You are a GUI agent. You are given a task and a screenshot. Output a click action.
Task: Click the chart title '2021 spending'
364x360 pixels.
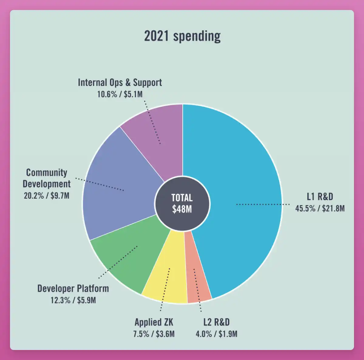(182, 36)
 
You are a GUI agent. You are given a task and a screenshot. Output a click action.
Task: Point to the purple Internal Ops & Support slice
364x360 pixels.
(158, 133)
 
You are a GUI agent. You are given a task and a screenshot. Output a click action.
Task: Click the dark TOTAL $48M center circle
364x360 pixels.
(182, 204)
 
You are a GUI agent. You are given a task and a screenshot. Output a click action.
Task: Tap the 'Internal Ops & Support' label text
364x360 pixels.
(120, 82)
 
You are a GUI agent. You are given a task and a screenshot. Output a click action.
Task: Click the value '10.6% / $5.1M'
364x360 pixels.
(120, 94)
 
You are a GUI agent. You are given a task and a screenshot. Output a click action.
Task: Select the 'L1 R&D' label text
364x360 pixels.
(320, 197)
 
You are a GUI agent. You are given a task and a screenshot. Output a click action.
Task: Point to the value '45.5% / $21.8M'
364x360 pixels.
(320, 208)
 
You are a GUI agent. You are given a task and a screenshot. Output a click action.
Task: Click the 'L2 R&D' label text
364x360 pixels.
(216, 322)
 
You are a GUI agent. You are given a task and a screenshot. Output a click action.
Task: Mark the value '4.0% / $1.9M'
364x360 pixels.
(216, 334)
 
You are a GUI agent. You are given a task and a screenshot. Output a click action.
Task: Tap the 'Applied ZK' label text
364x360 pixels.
(154, 322)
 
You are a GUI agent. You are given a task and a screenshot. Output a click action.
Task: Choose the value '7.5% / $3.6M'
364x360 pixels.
(154, 334)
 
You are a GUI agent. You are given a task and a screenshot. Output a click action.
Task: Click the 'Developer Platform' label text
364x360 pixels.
(73, 288)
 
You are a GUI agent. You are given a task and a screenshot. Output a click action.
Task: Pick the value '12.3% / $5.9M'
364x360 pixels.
(73, 301)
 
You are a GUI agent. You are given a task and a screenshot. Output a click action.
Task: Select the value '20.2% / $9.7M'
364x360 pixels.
(47, 196)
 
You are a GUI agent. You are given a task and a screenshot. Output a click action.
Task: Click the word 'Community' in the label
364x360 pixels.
(47, 173)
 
